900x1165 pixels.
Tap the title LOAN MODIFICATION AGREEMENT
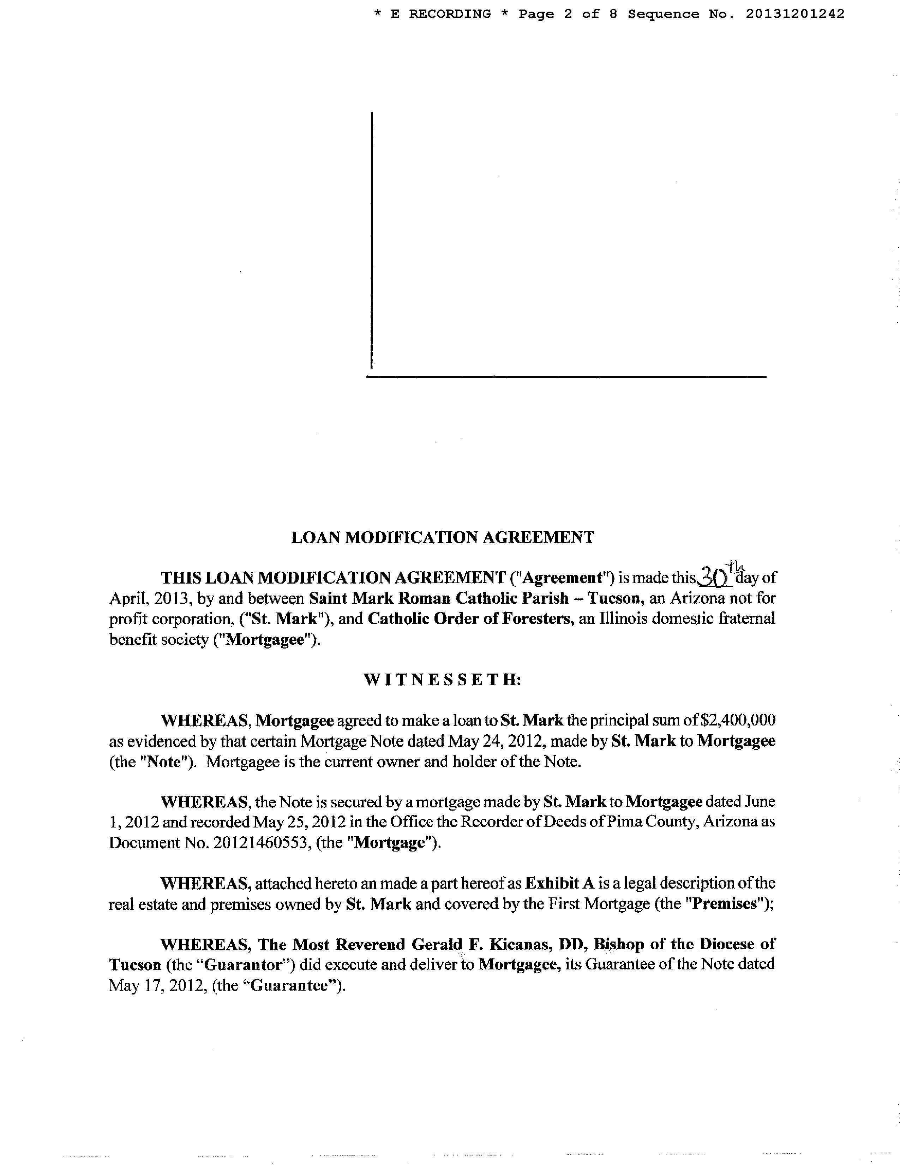(442, 537)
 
